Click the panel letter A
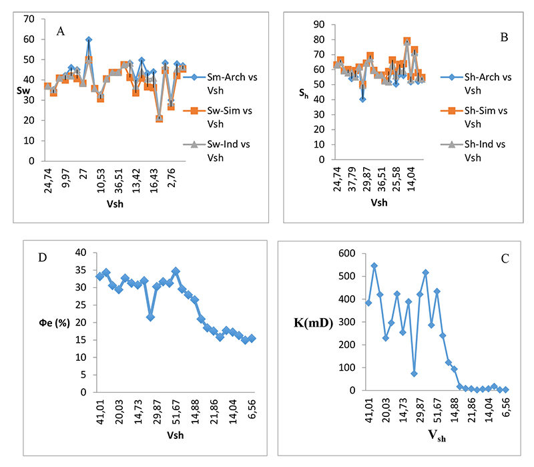click(61, 31)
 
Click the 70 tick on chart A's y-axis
click(29, 19)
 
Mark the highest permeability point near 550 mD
click(374, 265)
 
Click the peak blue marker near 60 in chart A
click(89, 40)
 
